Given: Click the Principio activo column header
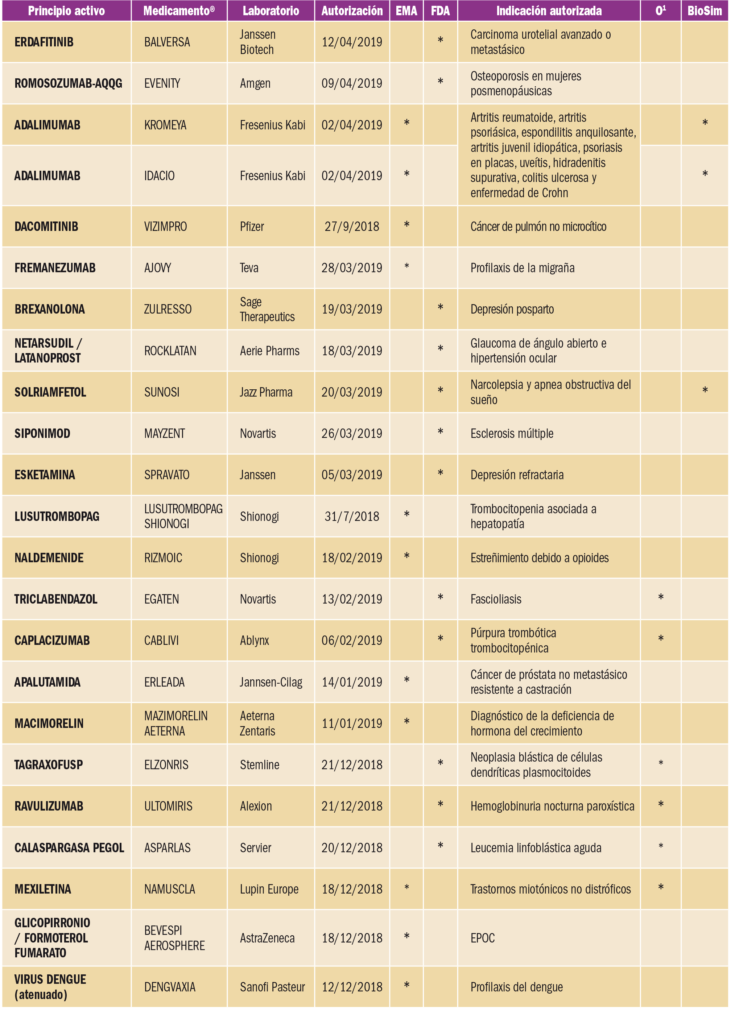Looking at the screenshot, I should (66, 11).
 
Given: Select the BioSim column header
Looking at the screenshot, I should (704, 11).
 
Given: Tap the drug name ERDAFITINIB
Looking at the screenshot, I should (44, 42).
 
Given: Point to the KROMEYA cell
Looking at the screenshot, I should (165, 125).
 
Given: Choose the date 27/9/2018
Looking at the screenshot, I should (351, 227).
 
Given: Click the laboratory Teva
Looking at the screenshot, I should (249, 268).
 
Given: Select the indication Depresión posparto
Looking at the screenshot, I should (512, 309).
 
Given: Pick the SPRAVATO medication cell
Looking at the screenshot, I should (166, 475).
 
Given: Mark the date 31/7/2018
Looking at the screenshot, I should (351, 516).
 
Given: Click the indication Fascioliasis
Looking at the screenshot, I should (496, 599).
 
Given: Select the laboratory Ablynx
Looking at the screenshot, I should (254, 641).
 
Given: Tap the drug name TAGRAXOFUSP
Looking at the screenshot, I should (48, 765).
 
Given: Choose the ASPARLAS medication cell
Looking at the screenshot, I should (167, 848).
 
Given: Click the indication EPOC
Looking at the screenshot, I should (483, 939).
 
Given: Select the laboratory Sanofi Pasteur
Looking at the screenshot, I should (272, 987).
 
